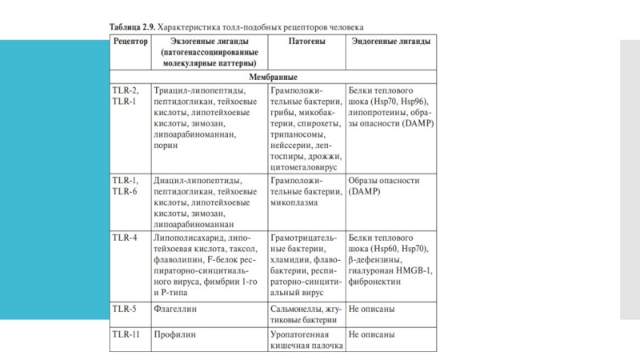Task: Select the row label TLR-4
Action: [125, 238]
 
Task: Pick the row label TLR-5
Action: [125, 308]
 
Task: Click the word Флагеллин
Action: [177, 308]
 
